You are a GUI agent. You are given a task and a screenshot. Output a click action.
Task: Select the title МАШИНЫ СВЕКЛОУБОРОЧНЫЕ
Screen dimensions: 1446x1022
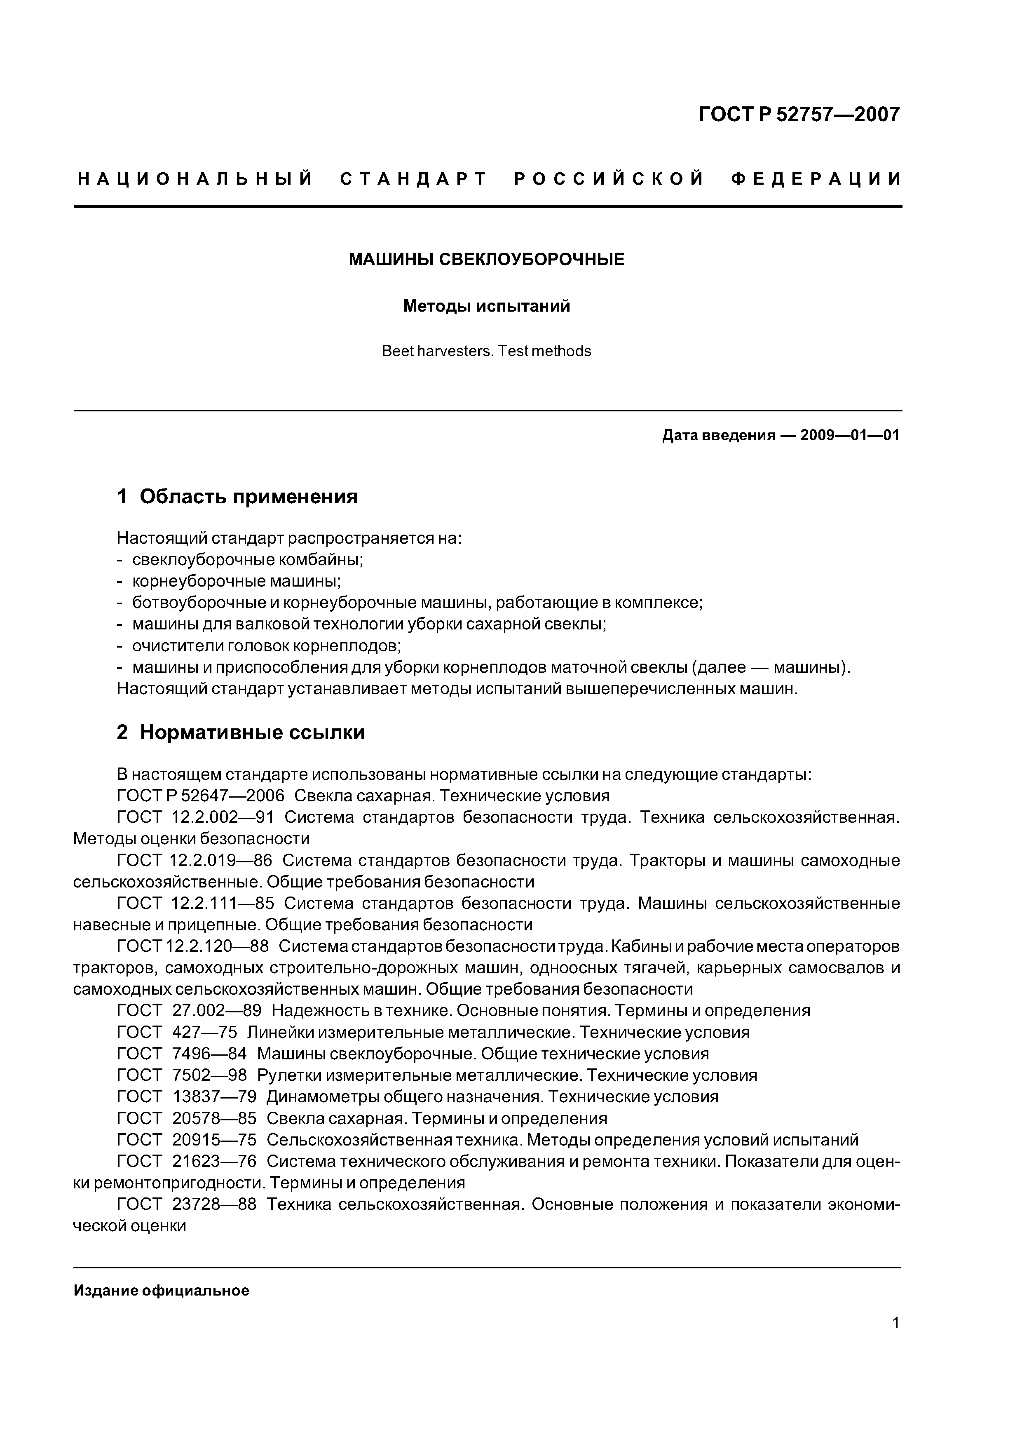coord(486,259)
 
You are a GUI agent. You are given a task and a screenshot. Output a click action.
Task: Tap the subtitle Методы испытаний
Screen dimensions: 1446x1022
coord(486,306)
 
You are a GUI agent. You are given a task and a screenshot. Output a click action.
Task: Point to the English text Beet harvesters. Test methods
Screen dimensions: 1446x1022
coord(486,352)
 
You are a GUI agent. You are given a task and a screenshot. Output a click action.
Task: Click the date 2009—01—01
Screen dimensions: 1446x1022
coord(849,435)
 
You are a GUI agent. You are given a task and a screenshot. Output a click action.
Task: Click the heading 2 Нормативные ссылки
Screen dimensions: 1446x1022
coord(241,732)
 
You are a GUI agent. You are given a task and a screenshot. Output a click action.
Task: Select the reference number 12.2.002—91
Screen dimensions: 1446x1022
coord(222,817)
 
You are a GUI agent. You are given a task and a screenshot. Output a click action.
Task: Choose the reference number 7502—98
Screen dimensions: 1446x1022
coord(209,1075)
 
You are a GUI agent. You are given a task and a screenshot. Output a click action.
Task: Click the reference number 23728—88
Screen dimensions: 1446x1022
coord(214,1204)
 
